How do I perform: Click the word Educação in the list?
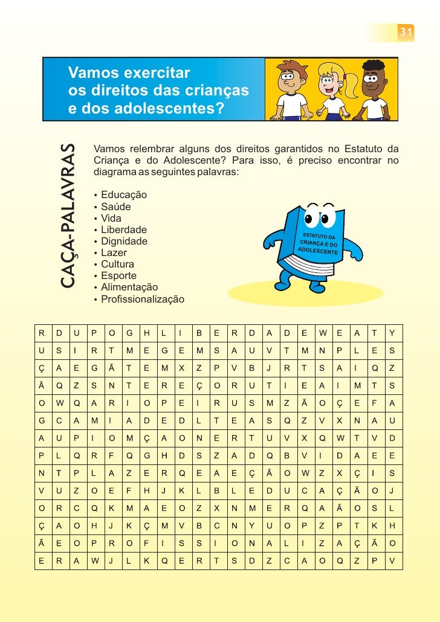(124, 196)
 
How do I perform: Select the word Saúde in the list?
(116, 207)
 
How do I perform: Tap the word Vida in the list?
(111, 219)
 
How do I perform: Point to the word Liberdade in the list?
(124, 230)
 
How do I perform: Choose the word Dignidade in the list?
(125, 242)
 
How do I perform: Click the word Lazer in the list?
(114, 253)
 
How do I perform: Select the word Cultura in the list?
(118, 265)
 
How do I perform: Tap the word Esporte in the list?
(119, 276)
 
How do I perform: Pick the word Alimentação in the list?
(129, 287)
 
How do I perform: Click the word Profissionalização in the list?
(143, 299)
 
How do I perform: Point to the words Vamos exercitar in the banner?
(130, 74)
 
